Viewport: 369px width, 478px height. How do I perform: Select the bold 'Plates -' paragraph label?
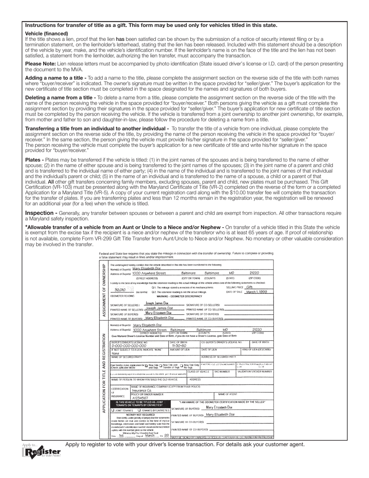pyautogui.click(x=35, y=160)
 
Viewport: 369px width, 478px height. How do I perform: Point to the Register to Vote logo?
pyautogui.click(x=42, y=452)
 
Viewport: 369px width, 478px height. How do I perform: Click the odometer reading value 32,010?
pyautogui.click(x=120, y=290)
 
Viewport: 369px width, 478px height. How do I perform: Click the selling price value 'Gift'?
pyautogui.click(x=255, y=287)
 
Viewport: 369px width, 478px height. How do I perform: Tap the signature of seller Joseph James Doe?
pyautogui.click(x=157, y=303)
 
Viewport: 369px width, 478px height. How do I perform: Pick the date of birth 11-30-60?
pyautogui.click(x=179, y=345)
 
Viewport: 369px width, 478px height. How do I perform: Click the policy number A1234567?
pyautogui.click(x=140, y=398)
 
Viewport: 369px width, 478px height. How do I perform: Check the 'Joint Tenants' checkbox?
pyautogui.click(x=113, y=410)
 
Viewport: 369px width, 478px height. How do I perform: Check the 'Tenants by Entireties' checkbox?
pyautogui.click(x=139, y=410)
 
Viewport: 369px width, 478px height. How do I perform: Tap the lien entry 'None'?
pyautogui.click(x=115, y=353)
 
